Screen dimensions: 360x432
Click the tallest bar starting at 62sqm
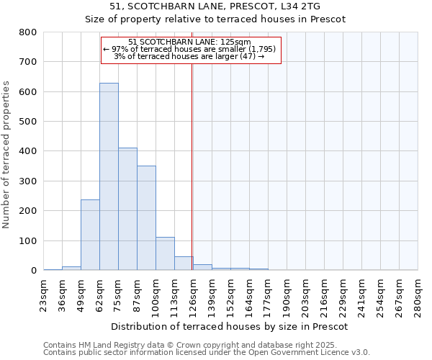[109, 176]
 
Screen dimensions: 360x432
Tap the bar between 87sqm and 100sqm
[146, 217]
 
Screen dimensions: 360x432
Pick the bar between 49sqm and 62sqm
[90, 235]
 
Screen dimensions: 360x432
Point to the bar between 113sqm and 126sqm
[184, 264]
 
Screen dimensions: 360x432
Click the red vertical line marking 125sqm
[192, 166]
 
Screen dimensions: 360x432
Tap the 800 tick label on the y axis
[27, 32]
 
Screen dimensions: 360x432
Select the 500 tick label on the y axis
[27, 122]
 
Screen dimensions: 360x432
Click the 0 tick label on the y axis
[33, 271]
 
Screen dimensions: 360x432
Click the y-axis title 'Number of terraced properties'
[6, 155]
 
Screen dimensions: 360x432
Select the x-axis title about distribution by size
[230, 326]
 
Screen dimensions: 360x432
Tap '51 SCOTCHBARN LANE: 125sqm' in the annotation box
[189, 42]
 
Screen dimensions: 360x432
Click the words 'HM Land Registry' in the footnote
[99, 346]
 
